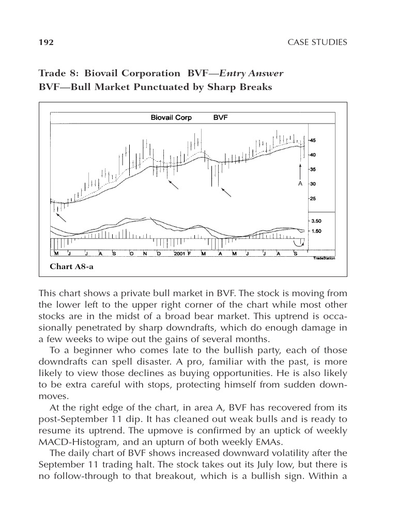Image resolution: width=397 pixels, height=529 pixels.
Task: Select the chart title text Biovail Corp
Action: click(171, 118)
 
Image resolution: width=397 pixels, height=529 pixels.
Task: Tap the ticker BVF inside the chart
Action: click(221, 118)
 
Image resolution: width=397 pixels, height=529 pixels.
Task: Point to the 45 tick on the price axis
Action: click(314, 140)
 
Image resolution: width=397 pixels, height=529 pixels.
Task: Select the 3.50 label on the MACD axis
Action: click(315, 221)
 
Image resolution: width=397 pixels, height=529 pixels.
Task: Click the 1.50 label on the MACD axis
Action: click(315, 231)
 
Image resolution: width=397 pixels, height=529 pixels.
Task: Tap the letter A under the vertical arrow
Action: click(300, 183)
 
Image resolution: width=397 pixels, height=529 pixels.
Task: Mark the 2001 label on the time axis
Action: click(179, 254)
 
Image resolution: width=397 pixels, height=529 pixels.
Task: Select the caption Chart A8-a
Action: click(71, 267)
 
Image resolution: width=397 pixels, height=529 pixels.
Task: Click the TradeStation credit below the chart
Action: click(324, 258)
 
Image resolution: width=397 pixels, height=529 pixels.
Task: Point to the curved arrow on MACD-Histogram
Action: click(298, 243)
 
